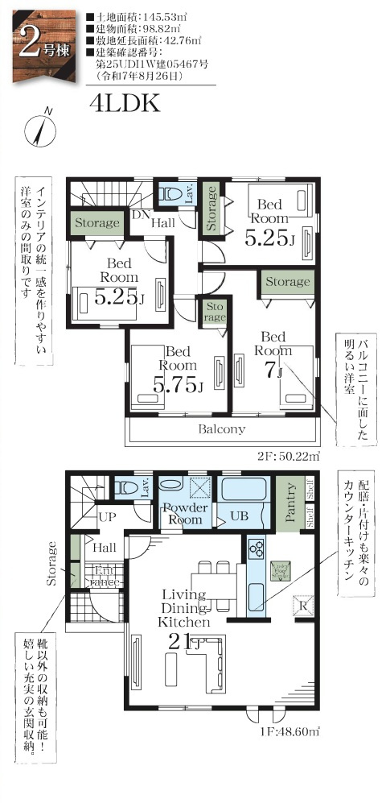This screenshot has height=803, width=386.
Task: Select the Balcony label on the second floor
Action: pos(221,429)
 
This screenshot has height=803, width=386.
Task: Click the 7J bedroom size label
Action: pos(273,371)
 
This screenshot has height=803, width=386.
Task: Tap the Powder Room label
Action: pos(186,514)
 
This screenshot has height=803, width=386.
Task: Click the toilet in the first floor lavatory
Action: pos(126,487)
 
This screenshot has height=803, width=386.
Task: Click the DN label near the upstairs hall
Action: pos(138,214)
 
